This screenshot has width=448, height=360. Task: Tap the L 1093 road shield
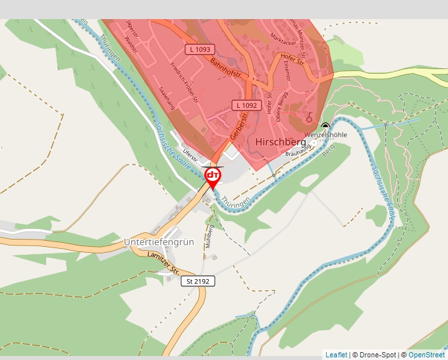pyautogui.click(x=199, y=49)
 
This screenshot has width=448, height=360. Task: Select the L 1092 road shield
pyautogui.click(x=245, y=105)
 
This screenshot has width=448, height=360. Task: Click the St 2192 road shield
pyautogui.click(x=198, y=281)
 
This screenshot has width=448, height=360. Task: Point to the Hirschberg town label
pyautogui.click(x=280, y=141)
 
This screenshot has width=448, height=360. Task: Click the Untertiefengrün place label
pyautogui.click(x=159, y=242)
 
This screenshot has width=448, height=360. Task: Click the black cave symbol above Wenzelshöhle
pyautogui.click(x=325, y=126)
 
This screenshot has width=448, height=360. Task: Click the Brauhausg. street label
pyautogui.click(x=298, y=151)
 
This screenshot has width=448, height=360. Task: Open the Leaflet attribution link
pyautogui.click(x=336, y=355)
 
